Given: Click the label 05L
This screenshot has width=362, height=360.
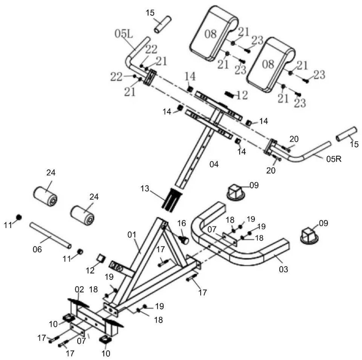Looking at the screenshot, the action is click(124, 34).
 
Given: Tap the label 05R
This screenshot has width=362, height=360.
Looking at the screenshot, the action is click(334, 159).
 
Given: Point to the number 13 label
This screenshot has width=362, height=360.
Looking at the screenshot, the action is click(145, 189).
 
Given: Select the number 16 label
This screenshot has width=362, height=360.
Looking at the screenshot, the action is click(182, 223).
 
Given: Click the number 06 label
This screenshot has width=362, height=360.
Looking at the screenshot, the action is click(37, 249).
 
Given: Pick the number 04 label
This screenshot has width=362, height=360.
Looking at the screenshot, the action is click(214, 164).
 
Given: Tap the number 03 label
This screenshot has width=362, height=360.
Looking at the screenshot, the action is click(283, 270).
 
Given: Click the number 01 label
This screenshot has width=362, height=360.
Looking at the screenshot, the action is click(132, 234).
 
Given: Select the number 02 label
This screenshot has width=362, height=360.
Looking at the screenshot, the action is click(79, 289).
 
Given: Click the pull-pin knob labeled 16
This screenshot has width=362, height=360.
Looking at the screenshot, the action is click(184, 240).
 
